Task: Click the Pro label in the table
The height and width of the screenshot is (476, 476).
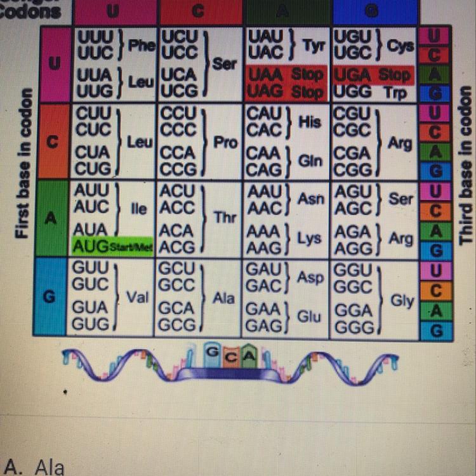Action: [x=225, y=143]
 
